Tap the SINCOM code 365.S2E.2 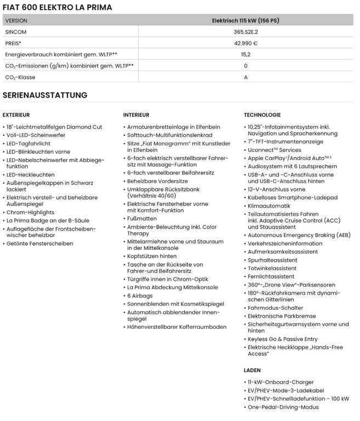point(245,32)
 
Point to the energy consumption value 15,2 point(245,55)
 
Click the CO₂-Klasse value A point(245,77)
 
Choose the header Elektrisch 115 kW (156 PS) point(245,20)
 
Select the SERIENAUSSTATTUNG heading point(45,95)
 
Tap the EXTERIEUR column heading point(16,115)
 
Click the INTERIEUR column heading point(136,115)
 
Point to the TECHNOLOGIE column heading point(262,115)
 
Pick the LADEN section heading point(253,370)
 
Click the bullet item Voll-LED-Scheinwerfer point(36,135)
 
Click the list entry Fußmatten point(142,218)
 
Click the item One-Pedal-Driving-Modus point(283,407)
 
